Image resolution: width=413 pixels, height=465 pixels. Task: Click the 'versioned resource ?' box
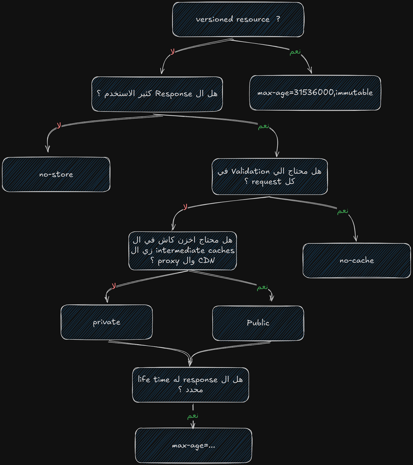point(238,19)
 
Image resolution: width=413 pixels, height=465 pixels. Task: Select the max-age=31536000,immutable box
point(315,93)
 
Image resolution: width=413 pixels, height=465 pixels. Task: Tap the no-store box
point(56,174)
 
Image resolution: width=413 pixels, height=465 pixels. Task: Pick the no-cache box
point(357,260)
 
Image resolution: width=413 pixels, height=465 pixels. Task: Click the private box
point(107,322)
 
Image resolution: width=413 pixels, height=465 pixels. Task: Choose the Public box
point(258,323)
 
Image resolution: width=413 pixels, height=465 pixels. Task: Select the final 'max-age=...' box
point(194,445)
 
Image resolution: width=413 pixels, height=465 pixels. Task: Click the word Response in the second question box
point(174,94)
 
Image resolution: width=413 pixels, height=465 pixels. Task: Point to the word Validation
point(250,171)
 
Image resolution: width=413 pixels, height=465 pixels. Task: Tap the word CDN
point(206,260)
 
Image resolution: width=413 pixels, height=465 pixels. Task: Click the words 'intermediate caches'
point(195,250)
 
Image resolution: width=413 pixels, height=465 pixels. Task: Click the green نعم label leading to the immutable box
point(295,52)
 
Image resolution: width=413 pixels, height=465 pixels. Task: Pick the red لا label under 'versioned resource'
point(173,52)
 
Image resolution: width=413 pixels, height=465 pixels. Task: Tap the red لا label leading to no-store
point(59,126)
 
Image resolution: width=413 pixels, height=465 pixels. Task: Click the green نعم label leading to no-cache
point(343,211)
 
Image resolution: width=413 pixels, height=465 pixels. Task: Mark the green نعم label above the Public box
point(262,287)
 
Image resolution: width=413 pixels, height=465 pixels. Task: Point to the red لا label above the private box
point(114,286)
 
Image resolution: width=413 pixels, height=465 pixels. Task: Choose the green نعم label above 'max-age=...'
point(193,416)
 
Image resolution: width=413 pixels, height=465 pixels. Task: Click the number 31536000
point(314,92)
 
